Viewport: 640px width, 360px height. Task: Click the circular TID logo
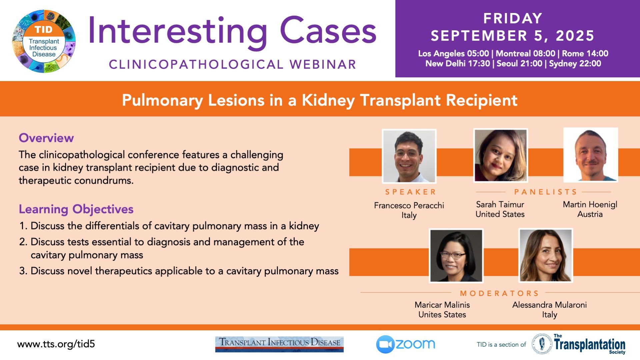tap(44, 41)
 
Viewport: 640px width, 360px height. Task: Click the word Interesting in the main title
tap(178, 32)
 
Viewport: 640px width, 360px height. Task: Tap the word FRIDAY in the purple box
tap(513, 18)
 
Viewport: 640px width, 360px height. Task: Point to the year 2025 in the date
tap(575, 36)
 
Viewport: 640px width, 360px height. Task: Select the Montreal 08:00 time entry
tap(526, 53)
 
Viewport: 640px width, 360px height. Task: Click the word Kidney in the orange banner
tap(328, 100)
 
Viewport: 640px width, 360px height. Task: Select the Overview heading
tap(46, 138)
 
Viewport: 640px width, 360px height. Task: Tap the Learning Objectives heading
tap(76, 209)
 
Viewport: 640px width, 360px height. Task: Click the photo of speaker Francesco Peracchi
tap(409, 156)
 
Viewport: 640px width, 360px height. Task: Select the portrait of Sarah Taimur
tap(500, 155)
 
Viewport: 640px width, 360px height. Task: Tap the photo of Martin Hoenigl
tap(591, 155)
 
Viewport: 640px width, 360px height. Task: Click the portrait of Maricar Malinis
tap(456, 256)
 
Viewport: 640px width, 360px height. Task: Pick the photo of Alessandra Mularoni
tap(546, 255)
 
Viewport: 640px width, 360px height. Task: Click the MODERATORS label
tap(499, 293)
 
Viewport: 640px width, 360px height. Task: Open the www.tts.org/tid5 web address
tap(56, 344)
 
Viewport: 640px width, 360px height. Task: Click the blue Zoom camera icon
tap(385, 344)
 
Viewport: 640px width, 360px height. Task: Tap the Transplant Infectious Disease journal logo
tap(279, 344)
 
